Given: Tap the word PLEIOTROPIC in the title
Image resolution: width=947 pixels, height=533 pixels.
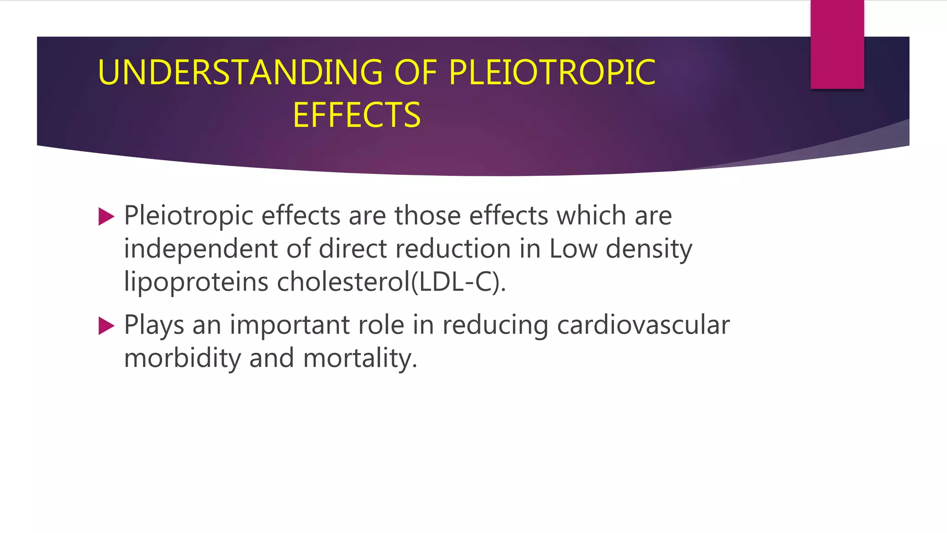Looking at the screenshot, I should click(x=552, y=73).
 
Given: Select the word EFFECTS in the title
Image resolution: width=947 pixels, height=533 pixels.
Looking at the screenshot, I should click(x=357, y=115).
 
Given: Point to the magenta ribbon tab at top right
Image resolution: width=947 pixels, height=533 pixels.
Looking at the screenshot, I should click(x=837, y=44).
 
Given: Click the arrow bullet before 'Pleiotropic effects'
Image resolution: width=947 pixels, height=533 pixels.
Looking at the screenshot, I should click(x=106, y=217).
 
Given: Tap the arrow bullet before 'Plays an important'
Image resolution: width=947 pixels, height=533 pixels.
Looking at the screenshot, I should click(x=106, y=326).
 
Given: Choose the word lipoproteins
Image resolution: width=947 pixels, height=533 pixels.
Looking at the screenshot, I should click(x=196, y=282).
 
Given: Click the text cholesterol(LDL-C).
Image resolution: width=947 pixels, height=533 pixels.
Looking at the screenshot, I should click(x=391, y=282).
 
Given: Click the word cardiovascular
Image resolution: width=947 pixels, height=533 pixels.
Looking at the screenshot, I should click(x=643, y=325).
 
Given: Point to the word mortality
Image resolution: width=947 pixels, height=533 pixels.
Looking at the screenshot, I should click(x=360, y=358).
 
